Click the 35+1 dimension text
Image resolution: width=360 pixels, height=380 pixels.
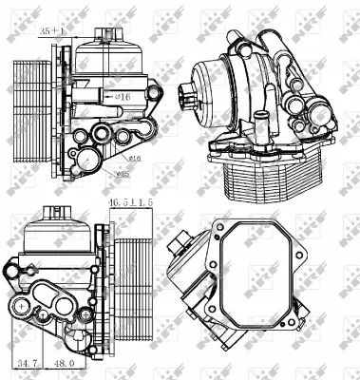[53, 31]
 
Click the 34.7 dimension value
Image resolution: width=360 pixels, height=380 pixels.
[41, 363]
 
